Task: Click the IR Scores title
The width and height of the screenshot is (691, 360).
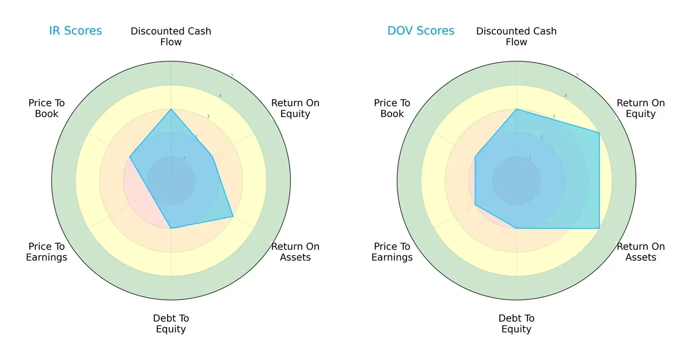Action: coord(75,31)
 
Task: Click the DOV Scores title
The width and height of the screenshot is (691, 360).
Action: coord(421,31)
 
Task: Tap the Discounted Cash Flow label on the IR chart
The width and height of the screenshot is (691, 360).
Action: coord(171,36)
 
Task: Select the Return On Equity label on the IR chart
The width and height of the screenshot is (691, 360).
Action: coord(295,108)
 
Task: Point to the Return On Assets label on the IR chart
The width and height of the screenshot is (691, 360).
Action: coord(295,252)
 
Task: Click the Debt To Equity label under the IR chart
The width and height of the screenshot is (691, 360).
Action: coord(171,324)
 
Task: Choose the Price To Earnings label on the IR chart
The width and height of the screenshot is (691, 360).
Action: coord(47,252)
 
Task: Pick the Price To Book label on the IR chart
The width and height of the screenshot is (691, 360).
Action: coord(47,108)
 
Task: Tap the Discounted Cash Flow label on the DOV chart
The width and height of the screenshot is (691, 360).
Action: coord(517,36)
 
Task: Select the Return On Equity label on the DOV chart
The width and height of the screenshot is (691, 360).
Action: coord(641,108)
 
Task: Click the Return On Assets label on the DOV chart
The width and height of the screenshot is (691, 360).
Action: coord(641,252)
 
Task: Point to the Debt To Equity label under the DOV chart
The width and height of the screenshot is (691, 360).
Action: coord(517,324)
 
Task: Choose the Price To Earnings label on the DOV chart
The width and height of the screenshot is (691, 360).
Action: coord(392,252)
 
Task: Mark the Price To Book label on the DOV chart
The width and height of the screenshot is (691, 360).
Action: coord(392,108)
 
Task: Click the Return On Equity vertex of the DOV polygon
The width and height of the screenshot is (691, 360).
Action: coord(599,133)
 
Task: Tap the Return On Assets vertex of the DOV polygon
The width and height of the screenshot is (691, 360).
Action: coord(599,228)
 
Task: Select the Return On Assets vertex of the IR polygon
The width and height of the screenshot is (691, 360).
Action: coord(233,217)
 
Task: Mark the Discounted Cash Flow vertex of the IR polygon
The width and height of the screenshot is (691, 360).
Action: coord(171,109)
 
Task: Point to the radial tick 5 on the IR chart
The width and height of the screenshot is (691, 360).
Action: coord(232,75)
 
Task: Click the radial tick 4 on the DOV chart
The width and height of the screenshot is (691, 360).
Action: coord(565,96)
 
